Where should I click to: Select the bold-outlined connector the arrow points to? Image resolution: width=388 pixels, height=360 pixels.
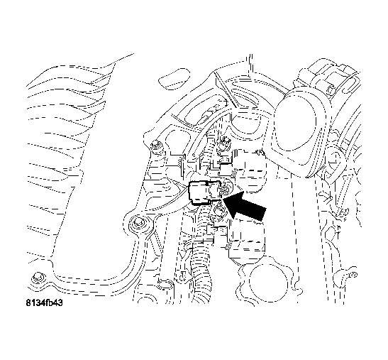[x=205, y=192]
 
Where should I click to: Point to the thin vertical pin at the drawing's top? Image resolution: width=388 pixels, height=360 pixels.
[x=249, y=60]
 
